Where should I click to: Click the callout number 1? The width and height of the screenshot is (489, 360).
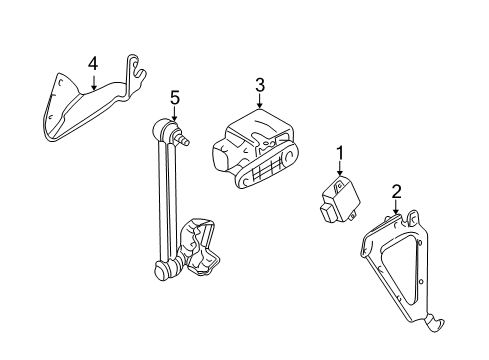tap(340, 154)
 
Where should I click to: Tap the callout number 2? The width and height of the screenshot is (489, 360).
tap(396, 192)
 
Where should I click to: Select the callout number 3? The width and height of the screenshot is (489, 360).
tap(260, 85)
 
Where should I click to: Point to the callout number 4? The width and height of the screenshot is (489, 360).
tap(93, 64)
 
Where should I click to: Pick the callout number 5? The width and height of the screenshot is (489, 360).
tap(175, 98)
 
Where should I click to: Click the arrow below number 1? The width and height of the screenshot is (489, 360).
tap(340, 168)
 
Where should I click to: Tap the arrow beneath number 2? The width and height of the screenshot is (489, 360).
tap(396, 207)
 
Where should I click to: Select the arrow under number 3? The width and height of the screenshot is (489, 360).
tap(260, 101)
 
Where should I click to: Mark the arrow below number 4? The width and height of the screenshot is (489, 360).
tap(94, 83)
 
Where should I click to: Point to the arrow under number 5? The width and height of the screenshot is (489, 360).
tap(174, 113)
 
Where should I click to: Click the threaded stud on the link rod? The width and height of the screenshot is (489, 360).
tap(183, 138)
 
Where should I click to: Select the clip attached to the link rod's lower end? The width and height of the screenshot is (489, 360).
tap(199, 248)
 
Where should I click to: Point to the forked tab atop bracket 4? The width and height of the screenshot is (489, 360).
tap(136, 72)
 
